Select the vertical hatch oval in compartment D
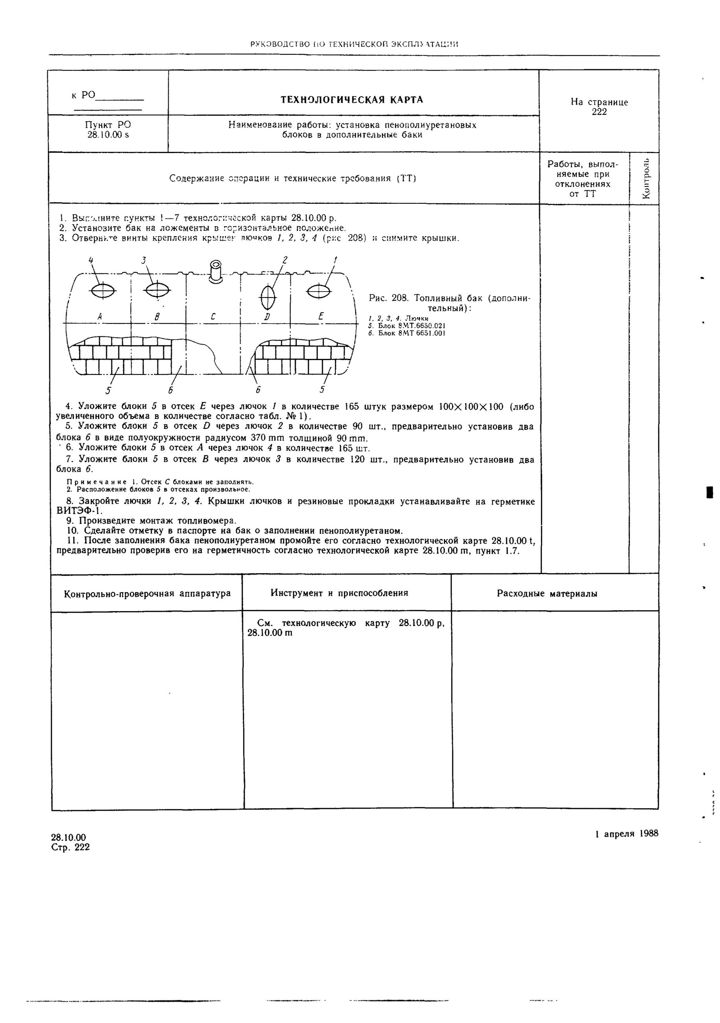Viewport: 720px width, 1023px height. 268,297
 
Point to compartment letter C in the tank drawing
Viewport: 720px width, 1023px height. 213,316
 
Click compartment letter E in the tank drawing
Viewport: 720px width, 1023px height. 321,316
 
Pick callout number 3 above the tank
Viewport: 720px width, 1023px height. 144,260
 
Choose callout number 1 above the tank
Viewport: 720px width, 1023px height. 335,259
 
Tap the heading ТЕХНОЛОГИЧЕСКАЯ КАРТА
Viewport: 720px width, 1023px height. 352,100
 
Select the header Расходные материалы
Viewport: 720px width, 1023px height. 547,593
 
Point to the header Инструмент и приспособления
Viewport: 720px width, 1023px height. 339,593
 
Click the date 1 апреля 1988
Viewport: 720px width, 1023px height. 626,834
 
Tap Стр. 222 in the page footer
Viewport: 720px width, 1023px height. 70,847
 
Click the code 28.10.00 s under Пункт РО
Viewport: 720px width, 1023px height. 108,135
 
